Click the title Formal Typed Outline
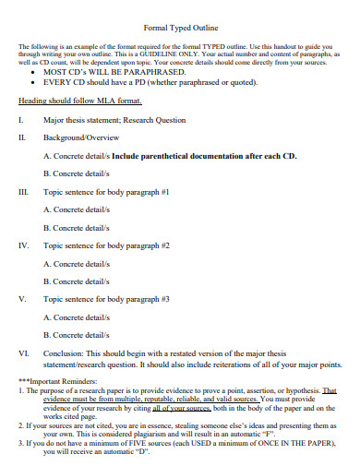pos(181,28)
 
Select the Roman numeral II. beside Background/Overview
pos(21,137)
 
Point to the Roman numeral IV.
pos(23,246)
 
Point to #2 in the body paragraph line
pos(165,246)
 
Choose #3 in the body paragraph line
pos(165,300)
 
